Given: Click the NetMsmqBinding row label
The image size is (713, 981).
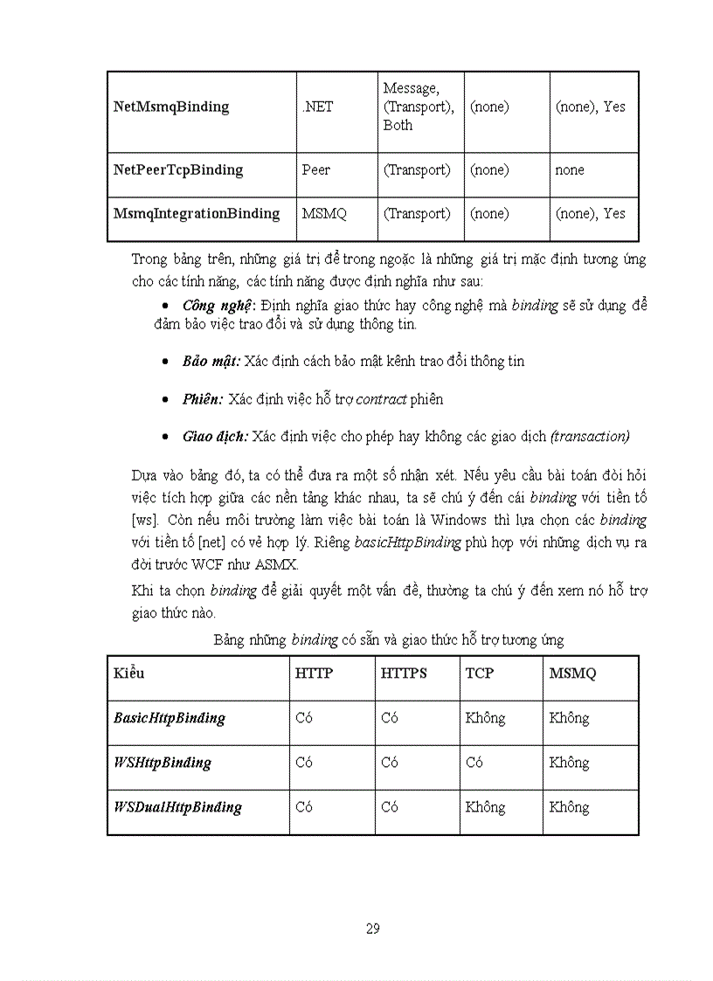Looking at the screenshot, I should point(171,107).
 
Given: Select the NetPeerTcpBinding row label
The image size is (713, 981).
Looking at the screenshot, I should point(178,169).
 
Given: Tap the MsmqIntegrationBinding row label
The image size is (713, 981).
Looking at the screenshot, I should point(197,213).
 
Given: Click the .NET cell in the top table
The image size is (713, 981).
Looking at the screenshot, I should point(317,107).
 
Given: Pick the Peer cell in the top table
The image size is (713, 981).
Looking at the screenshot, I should point(315,169).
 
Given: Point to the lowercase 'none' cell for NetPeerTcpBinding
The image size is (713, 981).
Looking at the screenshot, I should point(570,169).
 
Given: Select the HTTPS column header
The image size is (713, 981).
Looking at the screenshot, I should point(404,674).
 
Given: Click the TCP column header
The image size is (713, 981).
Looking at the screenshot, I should point(480,674).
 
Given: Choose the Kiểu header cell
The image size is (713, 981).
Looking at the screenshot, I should point(129,674).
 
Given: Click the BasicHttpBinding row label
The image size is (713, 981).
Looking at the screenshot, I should point(170,718).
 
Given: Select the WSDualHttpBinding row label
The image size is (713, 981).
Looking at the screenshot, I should point(178,807).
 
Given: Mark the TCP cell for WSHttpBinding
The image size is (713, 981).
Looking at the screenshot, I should point(474,763).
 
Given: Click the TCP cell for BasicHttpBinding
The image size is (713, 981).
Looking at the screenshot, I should point(485,718).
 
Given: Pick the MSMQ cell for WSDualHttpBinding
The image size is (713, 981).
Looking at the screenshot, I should point(569,807).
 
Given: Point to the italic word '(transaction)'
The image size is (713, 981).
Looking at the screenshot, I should point(590,436).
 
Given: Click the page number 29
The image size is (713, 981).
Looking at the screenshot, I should point(373,928).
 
